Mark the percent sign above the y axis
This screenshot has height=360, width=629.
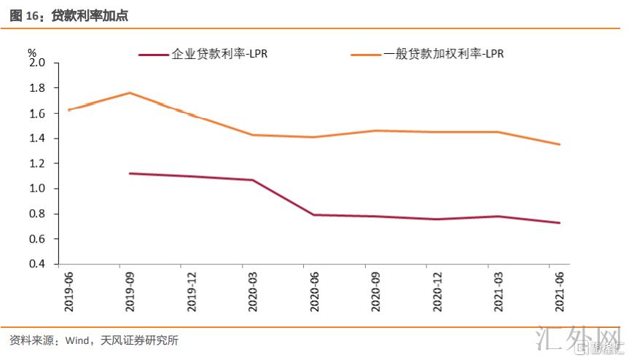pos(31,52)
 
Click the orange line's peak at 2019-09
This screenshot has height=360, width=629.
pos(130,93)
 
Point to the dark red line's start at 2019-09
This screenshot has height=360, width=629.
pos(130,173)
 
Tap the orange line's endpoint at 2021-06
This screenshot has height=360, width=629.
pos(559,144)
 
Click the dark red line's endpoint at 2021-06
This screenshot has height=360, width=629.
pos(559,223)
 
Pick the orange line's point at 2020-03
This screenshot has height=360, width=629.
pos(253,135)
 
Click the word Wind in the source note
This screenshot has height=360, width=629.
pos(77,340)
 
